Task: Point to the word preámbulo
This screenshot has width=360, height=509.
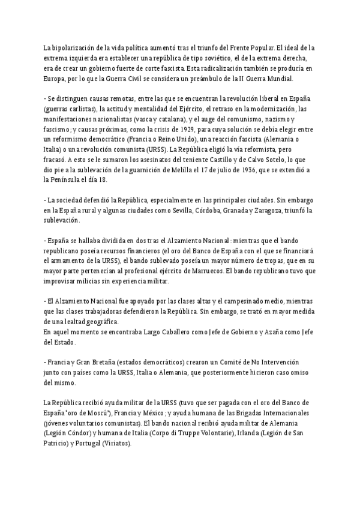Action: coord(197,78)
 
